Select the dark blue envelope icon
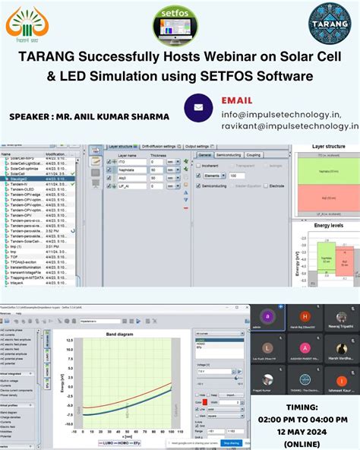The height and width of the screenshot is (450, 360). click(198, 108)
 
